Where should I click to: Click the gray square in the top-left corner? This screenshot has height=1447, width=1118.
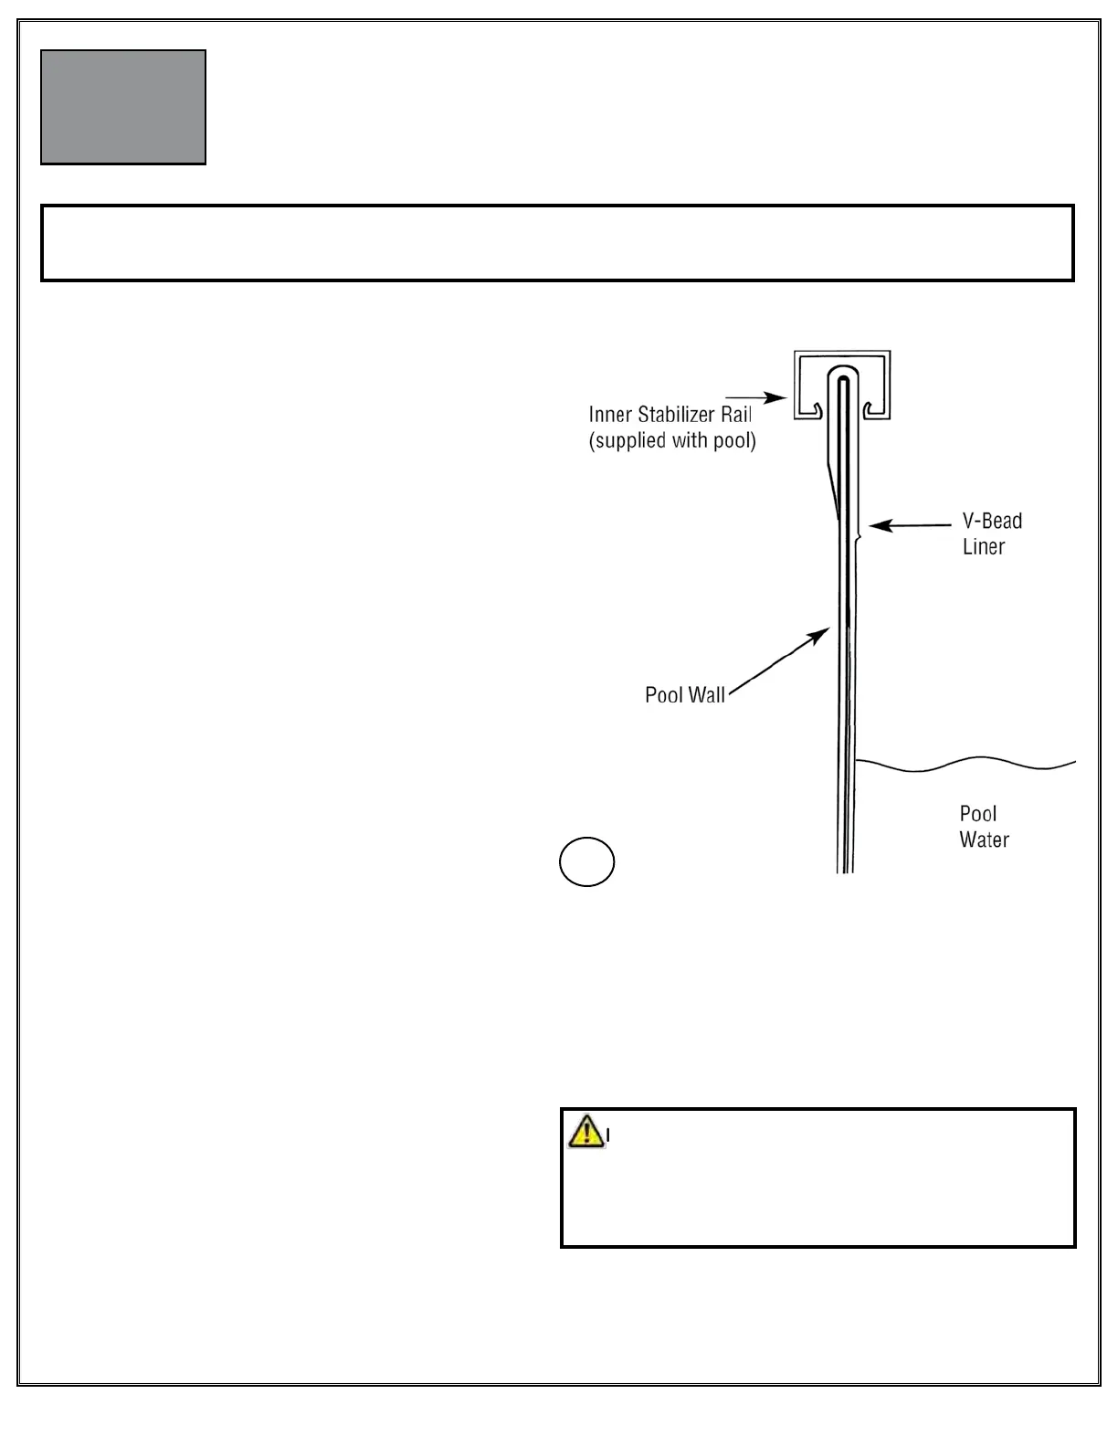coord(123,107)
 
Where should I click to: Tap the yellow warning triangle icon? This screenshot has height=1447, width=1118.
coord(585,1132)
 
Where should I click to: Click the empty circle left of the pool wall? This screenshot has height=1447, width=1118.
coord(586,861)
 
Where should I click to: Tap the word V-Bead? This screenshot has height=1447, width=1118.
coord(992,522)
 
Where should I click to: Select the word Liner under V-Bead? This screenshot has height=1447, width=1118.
coord(984,547)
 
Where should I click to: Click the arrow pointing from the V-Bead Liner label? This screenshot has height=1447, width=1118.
coord(909,525)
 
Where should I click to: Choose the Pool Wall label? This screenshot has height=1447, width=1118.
coord(685,695)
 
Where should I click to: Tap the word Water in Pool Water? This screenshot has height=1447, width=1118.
coord(984,840)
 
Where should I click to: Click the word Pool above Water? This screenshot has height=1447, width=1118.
coord(977,813)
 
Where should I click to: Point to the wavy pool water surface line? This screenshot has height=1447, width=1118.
coord(968,764)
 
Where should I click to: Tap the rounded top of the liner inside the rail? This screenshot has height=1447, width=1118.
coord(842,373)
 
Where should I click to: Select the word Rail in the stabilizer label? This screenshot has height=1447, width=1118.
coord(735,415)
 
